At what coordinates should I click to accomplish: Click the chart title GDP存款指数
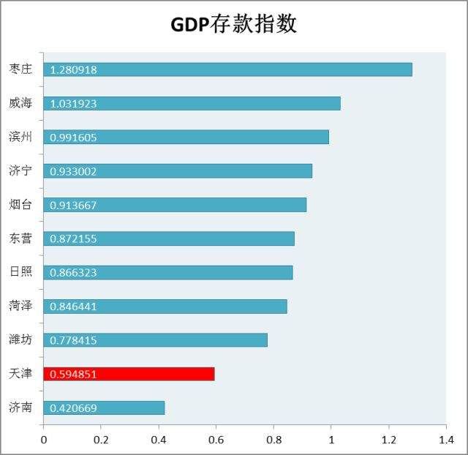coord(233,24)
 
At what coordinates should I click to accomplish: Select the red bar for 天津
coord(129,374)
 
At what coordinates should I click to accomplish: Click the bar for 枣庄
coord(227,69)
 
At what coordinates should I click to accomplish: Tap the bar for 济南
coord(104,407)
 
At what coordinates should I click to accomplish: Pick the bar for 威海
coord(192,103)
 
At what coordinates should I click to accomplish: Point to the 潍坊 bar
coord(155,340)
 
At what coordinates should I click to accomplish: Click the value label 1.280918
coord(73,70)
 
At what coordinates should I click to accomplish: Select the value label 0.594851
coord(73,375)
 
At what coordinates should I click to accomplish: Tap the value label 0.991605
coord(73,138)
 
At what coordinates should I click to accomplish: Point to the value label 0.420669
coord(73,408)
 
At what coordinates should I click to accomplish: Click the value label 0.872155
coord(73,239)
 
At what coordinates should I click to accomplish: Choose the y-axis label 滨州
coord(20,137)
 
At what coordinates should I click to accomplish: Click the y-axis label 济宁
coord(20,170)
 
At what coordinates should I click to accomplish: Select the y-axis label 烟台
coord(20,204)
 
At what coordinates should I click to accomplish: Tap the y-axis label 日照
coord(20,272)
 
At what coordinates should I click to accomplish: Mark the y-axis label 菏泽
coord(20,306)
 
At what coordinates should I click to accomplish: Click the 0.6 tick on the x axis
coord(216,440)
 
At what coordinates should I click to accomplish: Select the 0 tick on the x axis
coord(43,440)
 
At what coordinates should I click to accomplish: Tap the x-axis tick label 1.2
coord(388,440)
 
